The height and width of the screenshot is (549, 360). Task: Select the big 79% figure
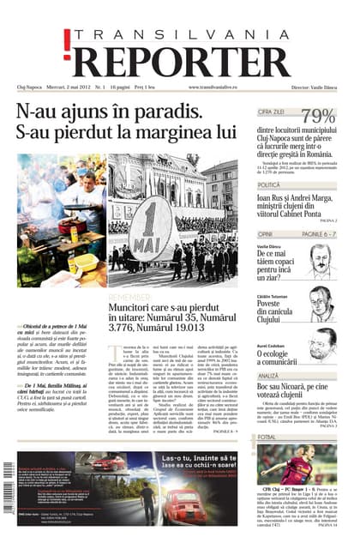[x=318, y=117]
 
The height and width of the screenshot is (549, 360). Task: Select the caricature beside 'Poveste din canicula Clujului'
[x=321, y=303]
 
